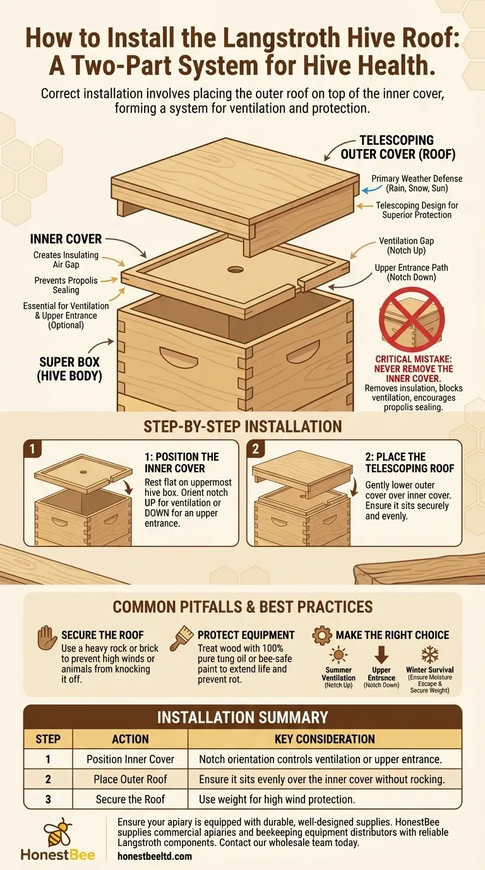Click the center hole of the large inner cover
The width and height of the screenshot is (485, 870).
click(x=235, y=269)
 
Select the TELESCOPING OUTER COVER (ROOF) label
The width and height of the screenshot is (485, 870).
click(x=398, y=147)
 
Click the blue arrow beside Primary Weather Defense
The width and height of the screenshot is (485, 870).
click(x=371, y=189)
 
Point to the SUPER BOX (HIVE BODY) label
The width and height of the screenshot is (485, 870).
click(x=69, y=369)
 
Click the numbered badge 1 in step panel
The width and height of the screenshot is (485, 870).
click(x=32, y=449)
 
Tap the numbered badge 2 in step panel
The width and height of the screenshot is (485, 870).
click(x=255, y=449)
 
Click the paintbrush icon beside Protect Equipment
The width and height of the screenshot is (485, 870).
click(x=181, y=638)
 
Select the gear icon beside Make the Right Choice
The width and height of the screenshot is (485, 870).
click(x=322, y=635)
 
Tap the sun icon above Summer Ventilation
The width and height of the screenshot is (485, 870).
click(x=338, y=655)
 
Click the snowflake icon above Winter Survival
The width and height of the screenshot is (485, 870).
click(x=429, y=655)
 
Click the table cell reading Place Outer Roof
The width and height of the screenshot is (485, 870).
click(x=130, y=779)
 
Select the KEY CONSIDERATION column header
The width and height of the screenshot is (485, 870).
click(x=325, y=738)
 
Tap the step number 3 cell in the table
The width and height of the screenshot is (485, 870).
click(x=48, y=799)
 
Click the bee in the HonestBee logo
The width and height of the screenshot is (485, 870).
click(x=58, y=832)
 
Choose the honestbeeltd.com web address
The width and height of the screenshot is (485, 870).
click(x=155, y=856)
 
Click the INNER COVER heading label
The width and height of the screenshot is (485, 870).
click(x=66, y=239)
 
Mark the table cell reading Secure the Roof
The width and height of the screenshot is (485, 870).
click(x=130, y=799)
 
